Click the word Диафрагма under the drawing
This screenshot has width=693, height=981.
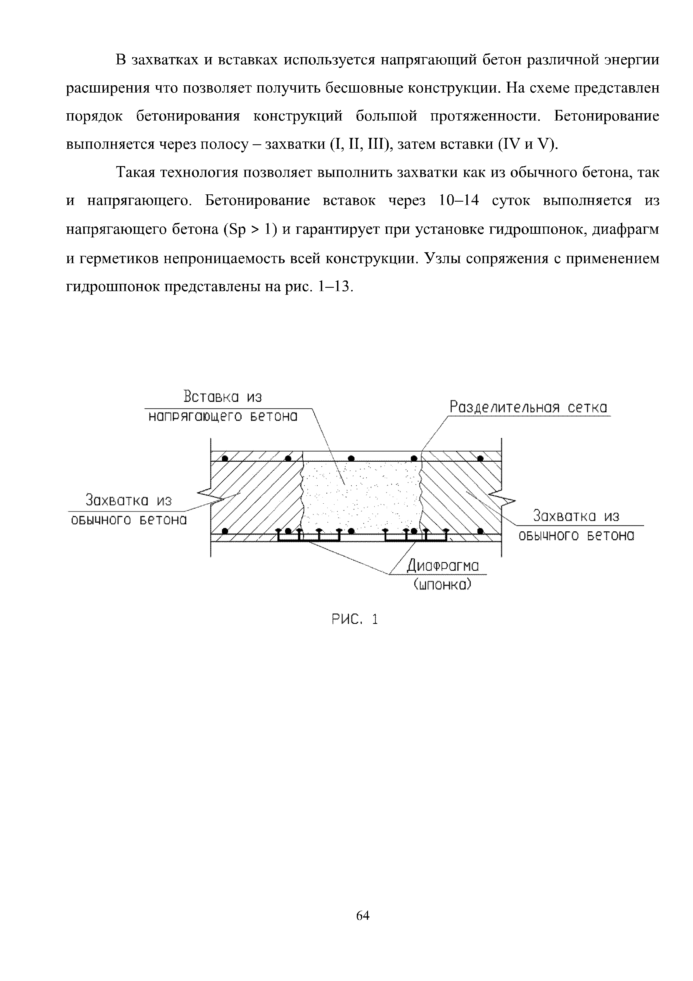coord(443,567)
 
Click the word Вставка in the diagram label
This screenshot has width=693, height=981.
coord(211,397)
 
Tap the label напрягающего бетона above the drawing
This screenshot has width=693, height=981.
coord(223,417)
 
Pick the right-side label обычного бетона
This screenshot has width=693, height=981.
coord(576,535)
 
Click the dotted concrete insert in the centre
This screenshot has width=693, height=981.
coord(361,496)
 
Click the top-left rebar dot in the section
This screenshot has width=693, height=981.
coord(225,458)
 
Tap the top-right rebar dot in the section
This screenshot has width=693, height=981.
coord(480,458)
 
